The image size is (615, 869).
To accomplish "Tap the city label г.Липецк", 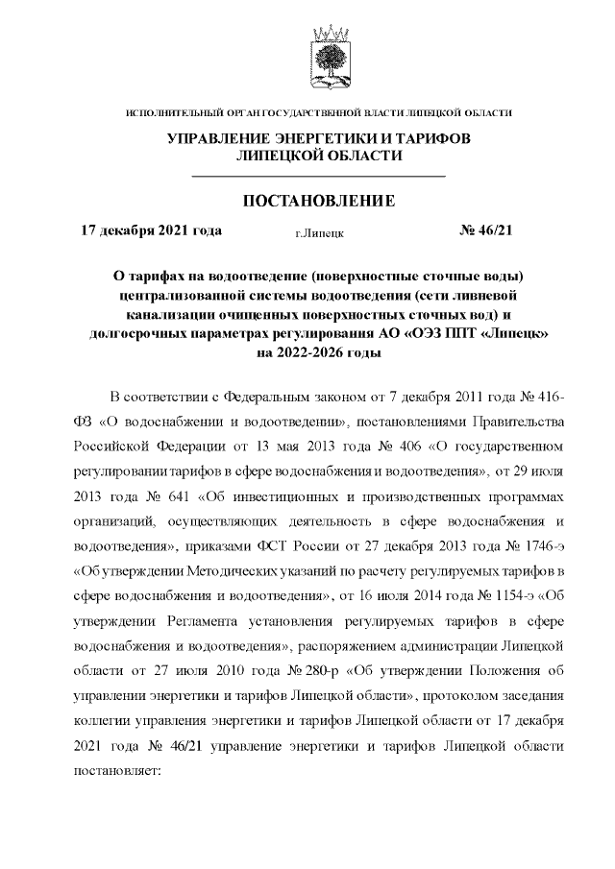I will point(320,232).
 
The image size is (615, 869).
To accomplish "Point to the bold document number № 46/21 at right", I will point(487,230).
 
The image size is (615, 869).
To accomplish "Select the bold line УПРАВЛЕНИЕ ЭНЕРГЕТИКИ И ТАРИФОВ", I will point(319,139).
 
